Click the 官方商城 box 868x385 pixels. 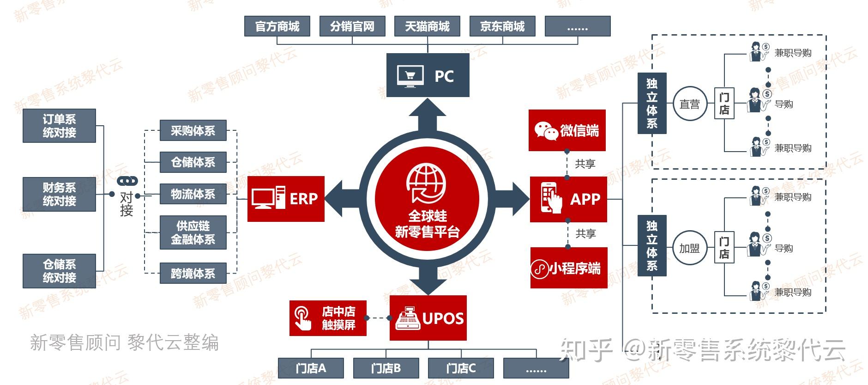pos(277,26)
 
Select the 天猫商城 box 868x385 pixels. pos(427,26)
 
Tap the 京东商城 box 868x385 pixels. pos(502,26)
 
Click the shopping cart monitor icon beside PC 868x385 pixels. pos(410,76)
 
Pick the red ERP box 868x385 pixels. pos(286,199)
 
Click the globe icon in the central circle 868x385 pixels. pos(427,183)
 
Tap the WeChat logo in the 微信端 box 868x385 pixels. pos(546,131)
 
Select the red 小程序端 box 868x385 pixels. pos(568,268)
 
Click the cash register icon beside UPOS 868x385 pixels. pos(408,318)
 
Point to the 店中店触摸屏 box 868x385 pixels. pos(328,318)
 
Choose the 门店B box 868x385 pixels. pos(386,368)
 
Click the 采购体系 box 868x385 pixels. pos(193,131)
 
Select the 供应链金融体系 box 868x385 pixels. pos(193,232)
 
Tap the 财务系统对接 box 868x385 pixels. pos(59,194)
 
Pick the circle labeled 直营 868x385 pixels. pos(690,104)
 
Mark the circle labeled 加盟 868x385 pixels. pos(690,248)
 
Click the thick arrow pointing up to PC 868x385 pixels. pos(427,116)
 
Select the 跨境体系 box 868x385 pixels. pos(193,274)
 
